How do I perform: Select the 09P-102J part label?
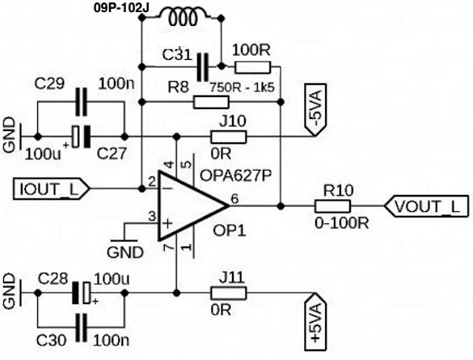tap(121, 8)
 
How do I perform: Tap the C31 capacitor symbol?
tap(202, 66)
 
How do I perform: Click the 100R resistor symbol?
tap(253, 68)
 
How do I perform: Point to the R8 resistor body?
tap(211, 102)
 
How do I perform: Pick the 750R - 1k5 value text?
tap(242, 88)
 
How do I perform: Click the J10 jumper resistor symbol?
tap(228, 137)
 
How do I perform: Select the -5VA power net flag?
tap(315, 109)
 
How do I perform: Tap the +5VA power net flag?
tap(315, 322)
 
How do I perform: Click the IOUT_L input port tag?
tap(51, 189)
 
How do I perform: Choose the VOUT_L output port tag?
tap(427, 206)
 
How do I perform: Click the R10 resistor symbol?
tap(333, 206)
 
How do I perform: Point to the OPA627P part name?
tap(235, 176)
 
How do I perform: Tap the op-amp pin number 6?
tap(234, 199)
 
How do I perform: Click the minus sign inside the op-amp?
tap(167, 188)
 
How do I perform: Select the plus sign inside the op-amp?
tap(167, 223)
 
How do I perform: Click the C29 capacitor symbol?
tap(81, 102)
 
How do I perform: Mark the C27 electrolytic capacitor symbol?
tap(81, 137)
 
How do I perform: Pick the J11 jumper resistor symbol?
tap(228, 293)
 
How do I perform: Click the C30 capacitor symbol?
tap(81, 328)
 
